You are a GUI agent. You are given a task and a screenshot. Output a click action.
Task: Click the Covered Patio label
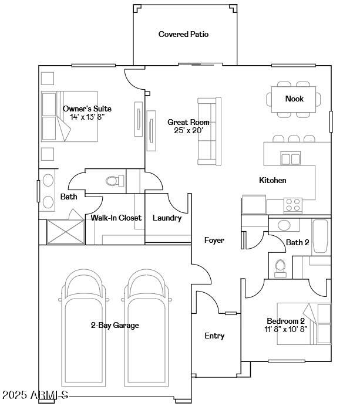click(x=183, y=35)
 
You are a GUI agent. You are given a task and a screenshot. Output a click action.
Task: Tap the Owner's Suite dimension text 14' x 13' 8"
click(x=87, y=117)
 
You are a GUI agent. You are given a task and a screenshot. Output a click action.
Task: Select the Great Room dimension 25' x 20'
click(x=188, y=131)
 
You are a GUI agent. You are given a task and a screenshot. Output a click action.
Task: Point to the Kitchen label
click(x=272, y=181)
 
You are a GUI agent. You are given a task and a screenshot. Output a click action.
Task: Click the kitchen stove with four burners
click(x=292, y=205)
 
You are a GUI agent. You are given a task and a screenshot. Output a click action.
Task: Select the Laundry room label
click(x=167, y=218)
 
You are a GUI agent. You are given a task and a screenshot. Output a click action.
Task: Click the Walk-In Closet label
click(x=116, y=218)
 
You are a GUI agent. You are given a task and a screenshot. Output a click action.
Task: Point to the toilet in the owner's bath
click(x=113, y=181)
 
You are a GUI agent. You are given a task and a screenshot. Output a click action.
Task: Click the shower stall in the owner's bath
click(x=65, y=231)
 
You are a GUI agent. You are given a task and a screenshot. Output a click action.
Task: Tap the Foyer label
click(x=214, y=241)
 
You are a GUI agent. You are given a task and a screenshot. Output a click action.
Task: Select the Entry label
click(x=214, y=336)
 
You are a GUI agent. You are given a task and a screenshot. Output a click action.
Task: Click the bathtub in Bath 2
click(x=321, y=236)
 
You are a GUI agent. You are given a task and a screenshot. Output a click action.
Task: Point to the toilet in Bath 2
click(x=280, y=267)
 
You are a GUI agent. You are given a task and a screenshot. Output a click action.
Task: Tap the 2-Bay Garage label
click(x=115, y=326)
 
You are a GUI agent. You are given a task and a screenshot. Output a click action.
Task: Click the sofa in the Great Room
click(x=209, y=130)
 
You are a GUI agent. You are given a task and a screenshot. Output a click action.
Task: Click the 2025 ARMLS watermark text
click(x=35, y=395)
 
